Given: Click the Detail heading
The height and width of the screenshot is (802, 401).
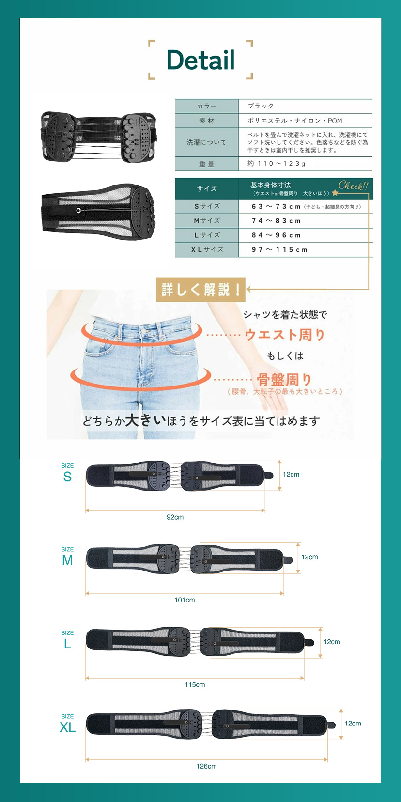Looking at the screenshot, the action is click(x=200, y=60).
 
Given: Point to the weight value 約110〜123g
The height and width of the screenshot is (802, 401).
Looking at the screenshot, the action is click(x=276, y=164).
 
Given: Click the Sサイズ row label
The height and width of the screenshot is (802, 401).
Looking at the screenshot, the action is click(x=207, y=206).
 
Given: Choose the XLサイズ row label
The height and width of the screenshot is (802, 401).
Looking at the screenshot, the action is click(x=207, y=249).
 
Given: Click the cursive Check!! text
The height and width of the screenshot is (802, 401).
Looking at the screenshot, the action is click(x=353, y=185).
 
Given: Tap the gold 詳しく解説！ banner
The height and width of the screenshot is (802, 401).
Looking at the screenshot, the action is click(x=201, y=289).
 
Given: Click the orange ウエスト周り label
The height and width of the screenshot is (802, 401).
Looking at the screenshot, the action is click(x=285, y=335).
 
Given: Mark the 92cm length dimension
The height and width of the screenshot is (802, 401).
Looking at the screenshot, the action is click(x=175, y=517).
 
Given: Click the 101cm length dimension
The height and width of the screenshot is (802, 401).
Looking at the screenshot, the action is click(x=185, y=600).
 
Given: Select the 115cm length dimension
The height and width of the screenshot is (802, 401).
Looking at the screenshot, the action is click(x=195, y=685).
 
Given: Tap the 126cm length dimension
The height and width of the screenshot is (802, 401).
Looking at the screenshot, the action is click(x=207, y=766).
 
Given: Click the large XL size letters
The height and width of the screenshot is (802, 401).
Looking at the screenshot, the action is click(x=68, y=727).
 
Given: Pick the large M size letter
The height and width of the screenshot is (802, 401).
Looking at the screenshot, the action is click(x=67, y=560).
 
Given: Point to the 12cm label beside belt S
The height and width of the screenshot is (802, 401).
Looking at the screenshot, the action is click(x=291, y=474).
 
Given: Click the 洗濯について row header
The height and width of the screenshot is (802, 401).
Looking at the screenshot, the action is click(x=207, y=142).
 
